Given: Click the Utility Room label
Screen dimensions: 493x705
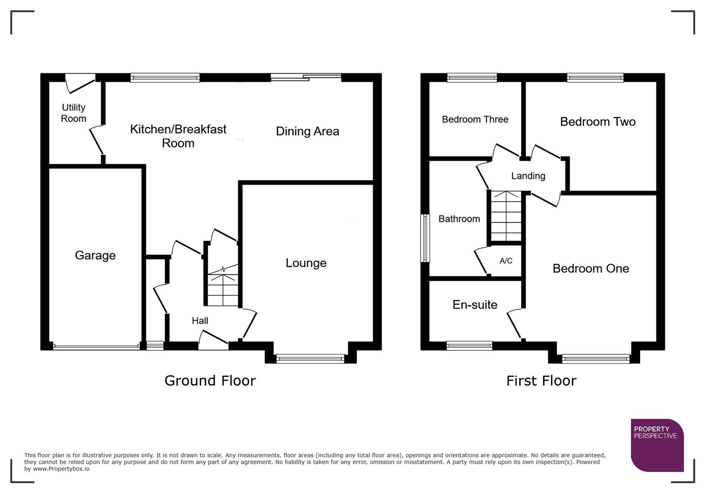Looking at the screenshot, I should coord(74,113).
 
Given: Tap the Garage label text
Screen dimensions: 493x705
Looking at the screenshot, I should coord(95,255).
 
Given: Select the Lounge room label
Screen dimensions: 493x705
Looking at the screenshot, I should coord(306,263).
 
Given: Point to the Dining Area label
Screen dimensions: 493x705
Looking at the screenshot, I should coord(307,131).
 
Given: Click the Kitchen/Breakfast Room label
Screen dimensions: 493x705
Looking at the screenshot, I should coord(178,136).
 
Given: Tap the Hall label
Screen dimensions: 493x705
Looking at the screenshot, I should coord(200,321).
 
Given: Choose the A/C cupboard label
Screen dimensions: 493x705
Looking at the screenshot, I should coord(506,261).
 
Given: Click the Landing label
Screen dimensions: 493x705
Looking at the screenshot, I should coord(528,176).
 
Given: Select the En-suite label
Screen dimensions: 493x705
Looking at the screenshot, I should coord(475,304).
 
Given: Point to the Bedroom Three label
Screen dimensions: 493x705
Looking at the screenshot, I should coord(475,119).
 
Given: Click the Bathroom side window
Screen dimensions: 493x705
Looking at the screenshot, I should coord(425,238).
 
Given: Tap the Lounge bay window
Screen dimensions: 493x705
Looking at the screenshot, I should coord(310,359).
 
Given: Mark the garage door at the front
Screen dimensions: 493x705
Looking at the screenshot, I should coord(96,347).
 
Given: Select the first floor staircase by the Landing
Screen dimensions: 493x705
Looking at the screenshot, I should coord(506,217).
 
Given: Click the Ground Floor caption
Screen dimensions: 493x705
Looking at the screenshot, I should coord(210,380).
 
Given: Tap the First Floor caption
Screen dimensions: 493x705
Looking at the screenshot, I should coord(541,380).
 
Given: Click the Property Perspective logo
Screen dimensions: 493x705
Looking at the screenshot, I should coord(657,445).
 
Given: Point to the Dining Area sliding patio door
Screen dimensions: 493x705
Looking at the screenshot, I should coord(306,78).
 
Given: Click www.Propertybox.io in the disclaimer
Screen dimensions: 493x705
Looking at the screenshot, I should coord(61,469).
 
